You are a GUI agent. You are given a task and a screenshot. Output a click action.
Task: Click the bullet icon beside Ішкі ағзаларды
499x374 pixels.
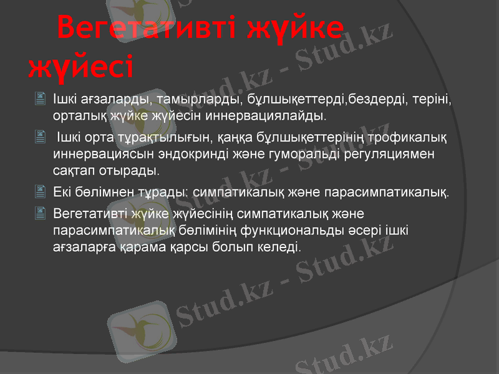41,98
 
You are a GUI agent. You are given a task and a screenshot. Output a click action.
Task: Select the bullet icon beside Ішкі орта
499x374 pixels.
41,136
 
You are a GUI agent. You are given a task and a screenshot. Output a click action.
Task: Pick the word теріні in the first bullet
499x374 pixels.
432,99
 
